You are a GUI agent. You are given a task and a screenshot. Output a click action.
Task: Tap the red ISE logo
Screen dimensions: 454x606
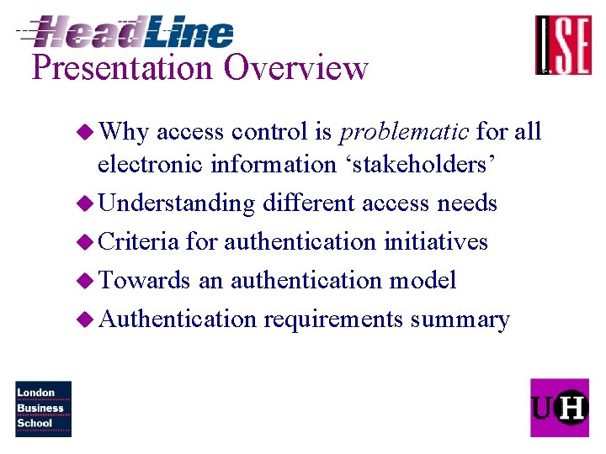pyautogui.click(x=563, y=45)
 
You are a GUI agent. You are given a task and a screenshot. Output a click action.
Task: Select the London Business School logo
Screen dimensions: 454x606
pyautogui.click(x=43, y=409)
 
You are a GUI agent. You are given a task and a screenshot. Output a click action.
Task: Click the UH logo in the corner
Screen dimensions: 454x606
pyautogui.click(x=559, y=408)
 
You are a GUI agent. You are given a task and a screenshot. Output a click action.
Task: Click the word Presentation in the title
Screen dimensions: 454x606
pyautogui.click(x=123, y=68)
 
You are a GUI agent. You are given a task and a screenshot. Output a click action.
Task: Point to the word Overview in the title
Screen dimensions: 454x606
pyautogui.click(x=296, y=68)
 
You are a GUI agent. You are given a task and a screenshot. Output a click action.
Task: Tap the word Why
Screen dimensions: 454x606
pyautogui.click(x=123, y=132)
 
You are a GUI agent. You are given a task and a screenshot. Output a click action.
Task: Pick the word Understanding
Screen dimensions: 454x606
pyautogui.click(x=177, y=203)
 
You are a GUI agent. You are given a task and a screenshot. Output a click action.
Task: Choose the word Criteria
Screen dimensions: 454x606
pyautogui.click(x=139, y=242)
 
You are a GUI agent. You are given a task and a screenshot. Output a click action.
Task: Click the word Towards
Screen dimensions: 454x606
pyautogui.click(x=144, y=280)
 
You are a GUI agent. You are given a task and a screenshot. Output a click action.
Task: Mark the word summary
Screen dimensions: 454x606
pyautogui.click(x=460, y=319)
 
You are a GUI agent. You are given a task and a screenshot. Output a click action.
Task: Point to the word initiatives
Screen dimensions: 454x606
pyautogui.click(x=435, y=242)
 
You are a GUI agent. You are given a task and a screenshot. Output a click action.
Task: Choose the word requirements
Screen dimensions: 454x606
pyautogui.click(x=333, y=319)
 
